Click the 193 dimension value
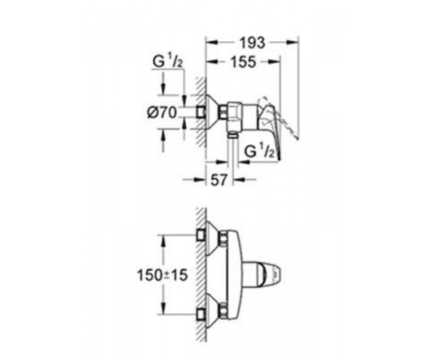tap(252, 43)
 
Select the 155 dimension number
tap(243, 62)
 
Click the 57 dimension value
tap(219, 180)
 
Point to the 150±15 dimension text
tap(162, 275)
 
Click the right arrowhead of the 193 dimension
tap(292, 42)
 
